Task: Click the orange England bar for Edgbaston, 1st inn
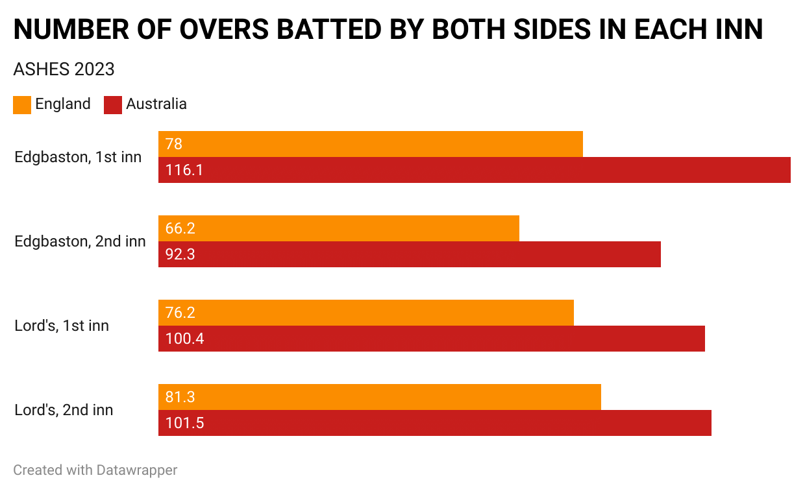370,144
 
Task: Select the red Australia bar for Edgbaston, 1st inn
474,170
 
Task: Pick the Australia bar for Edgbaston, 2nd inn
409,254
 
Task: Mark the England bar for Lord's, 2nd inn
380,397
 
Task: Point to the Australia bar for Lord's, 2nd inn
435,423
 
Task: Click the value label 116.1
184,170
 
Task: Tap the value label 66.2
180,228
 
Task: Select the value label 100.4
185,339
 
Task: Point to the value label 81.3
180,397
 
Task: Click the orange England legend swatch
22,104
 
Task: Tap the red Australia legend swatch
113,104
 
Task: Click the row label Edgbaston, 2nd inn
80,241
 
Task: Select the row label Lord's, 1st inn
62,326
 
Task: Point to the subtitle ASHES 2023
64,69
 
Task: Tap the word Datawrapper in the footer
136,470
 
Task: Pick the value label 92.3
180,254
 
